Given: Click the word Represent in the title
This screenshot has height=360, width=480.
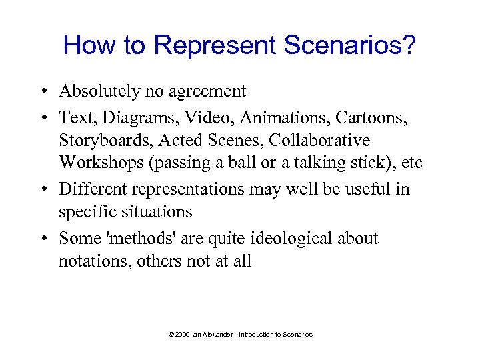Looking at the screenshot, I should pos(215,45).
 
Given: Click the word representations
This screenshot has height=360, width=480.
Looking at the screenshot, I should pos(186,189).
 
